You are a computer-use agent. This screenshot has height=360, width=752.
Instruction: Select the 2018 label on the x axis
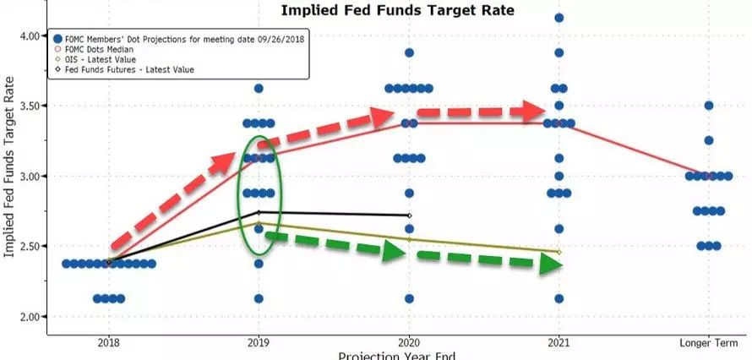tap(109, 342)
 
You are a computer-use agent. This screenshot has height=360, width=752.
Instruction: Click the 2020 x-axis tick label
tap(410, 342)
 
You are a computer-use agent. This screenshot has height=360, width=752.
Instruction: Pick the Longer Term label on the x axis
tap(709, 342)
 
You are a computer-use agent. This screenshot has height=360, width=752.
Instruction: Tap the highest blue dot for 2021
tap(559, 18)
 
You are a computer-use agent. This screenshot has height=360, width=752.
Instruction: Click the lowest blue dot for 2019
tap(259, 298)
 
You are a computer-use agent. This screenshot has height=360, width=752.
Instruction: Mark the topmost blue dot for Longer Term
tap(709, 106)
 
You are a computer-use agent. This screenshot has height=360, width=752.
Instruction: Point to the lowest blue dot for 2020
tap(410, 298)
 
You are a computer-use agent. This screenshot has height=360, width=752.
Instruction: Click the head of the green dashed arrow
tap(550, 264)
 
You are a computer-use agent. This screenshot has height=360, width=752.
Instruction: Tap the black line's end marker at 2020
tap(410, 215)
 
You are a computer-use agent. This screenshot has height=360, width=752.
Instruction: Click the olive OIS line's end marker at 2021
tap(559, 252)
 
